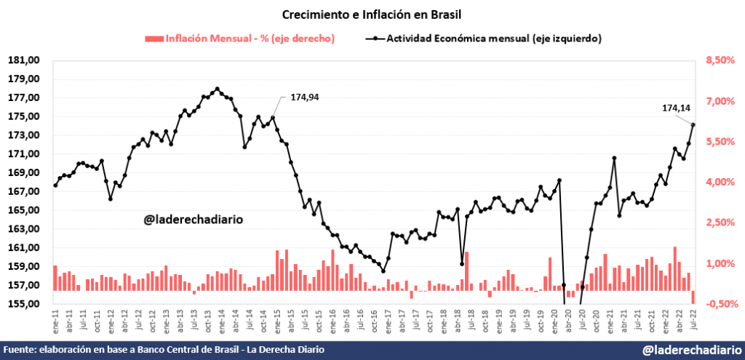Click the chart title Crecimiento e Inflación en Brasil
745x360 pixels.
tap(372, 14)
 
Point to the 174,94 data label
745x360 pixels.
tap(304, 97)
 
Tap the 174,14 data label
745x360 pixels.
tap(676, 108)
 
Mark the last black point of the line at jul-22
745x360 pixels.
tap(693, 124)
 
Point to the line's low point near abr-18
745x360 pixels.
tap(462, 264)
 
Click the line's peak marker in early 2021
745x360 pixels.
tap(614, 158)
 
